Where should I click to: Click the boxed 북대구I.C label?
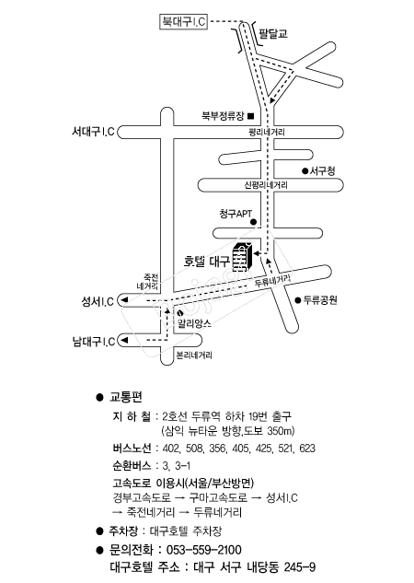point(183,21)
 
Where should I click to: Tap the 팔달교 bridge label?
point(273,33)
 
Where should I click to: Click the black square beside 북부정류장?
point(251,116)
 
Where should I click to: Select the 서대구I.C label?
point(93,132)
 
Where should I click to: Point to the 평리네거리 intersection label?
point(268,133)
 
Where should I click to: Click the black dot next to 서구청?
point(305,171)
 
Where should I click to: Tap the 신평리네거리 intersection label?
point(266,185)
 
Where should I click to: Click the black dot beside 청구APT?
point(254,222)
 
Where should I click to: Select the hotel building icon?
point(243,257)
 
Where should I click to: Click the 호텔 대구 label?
point(206,262)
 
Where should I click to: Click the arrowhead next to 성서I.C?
point(125,299)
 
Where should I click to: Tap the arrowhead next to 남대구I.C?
point(125,340)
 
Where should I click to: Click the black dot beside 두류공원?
point(298,300)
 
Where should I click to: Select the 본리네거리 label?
point(194,356)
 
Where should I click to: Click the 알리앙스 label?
point(194,322)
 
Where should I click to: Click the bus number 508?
point(194,449)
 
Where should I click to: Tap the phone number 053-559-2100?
point(204,550)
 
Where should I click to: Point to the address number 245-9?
point(300,567)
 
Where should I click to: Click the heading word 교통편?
point(125,397)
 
